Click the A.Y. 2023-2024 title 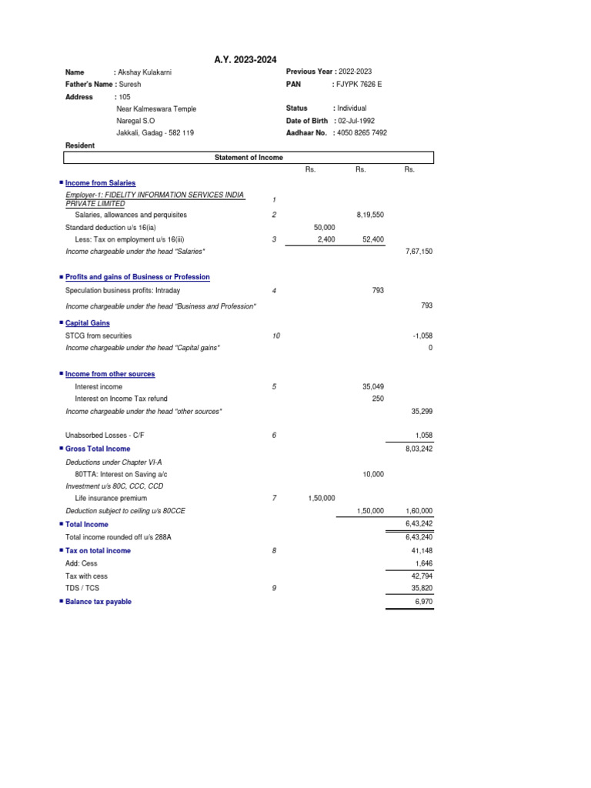click(245, 60)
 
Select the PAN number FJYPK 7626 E click(359, 84)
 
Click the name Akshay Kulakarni click(145, 72)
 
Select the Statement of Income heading click(249, 158)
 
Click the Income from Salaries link click(100, 183)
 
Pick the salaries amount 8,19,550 click(370, 215)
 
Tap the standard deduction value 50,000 click(325, 228)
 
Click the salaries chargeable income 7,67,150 click(419, 252)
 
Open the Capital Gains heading click(87, 323)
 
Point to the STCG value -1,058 click(422, 336)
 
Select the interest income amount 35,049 click(372, 387)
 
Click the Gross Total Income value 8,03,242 click(419, 449)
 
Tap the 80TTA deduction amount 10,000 click(372, 475)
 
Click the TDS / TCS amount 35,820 click(421, 589)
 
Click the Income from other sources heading click(110, 374)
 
